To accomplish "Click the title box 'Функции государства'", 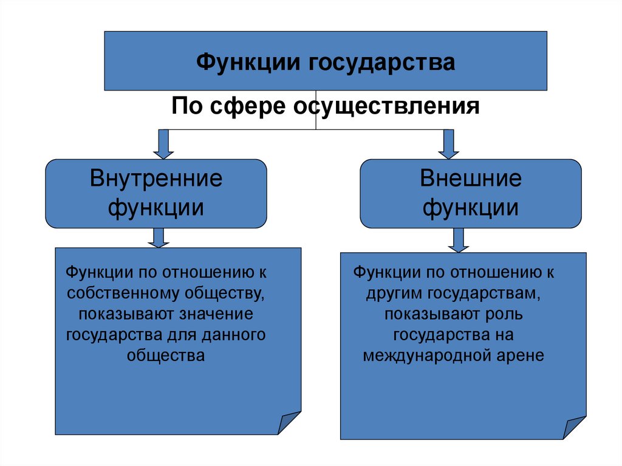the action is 326,61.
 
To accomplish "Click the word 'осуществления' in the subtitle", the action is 387,106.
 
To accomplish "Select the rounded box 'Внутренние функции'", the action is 156,193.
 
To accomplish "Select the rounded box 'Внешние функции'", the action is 471,193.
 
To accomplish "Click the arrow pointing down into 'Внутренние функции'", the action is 163,143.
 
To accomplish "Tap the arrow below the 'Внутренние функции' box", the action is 158,238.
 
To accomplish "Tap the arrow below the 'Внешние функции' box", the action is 459,240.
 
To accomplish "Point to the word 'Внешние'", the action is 471,179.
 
